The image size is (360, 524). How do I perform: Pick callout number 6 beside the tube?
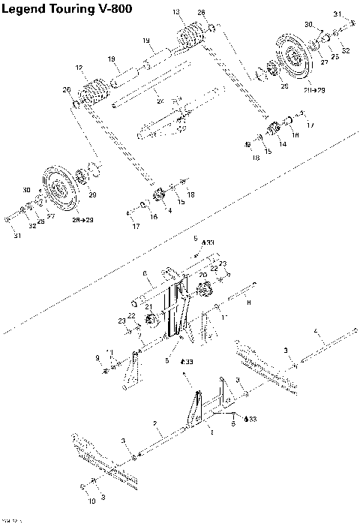click(145, 273)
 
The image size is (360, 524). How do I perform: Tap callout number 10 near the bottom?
click(92, 500)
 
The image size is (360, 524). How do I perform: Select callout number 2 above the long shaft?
click(155, 424)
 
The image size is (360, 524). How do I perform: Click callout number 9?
click(97, 357)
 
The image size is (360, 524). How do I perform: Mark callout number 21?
click(149, 306)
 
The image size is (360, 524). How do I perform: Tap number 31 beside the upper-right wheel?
click(337, 14)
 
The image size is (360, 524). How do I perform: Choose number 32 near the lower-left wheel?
click(32, 225)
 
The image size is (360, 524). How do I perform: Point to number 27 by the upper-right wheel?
click(325, 63)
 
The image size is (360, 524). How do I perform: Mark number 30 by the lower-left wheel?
click(27, 189)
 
